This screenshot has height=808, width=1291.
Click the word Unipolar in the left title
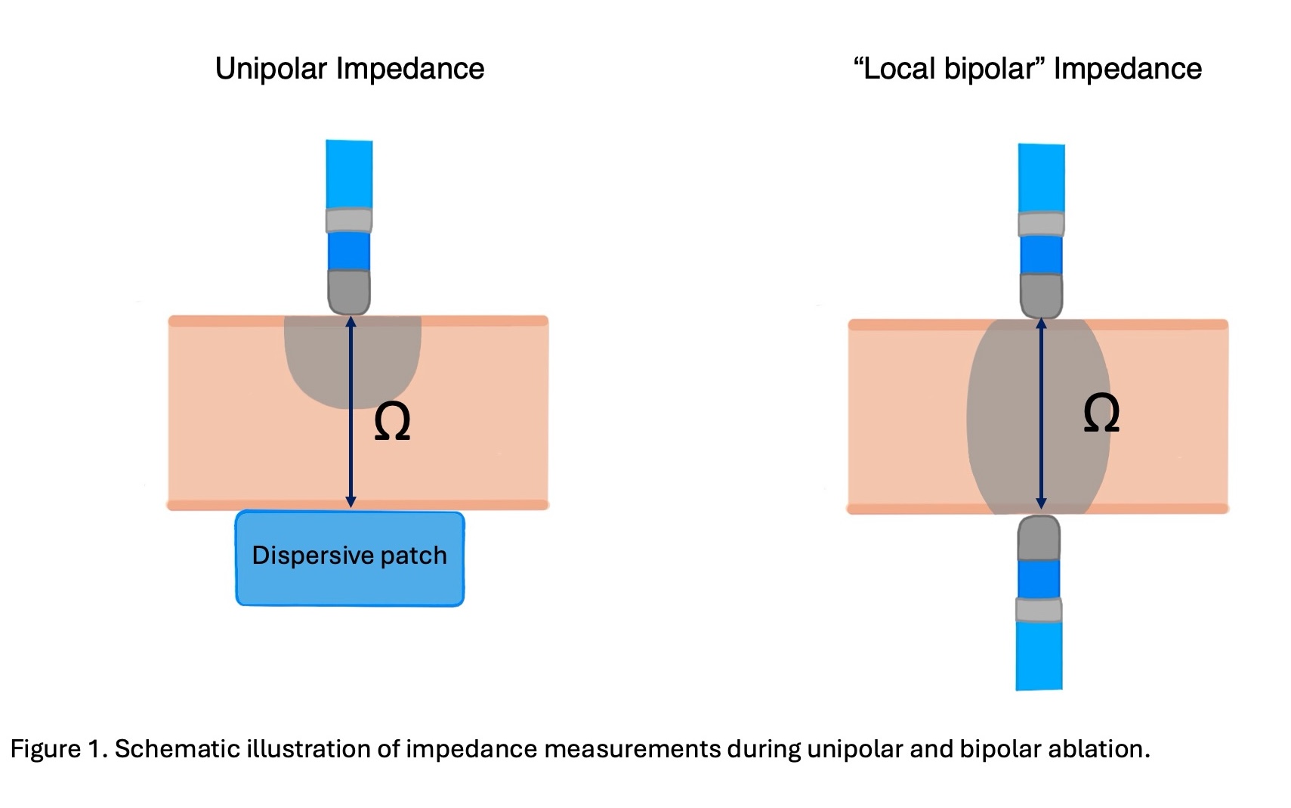pos(271,70)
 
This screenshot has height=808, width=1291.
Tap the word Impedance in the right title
pos(1128,70)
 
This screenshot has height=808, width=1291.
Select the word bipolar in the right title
pos(990,70)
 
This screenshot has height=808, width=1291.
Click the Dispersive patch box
pos(350,559)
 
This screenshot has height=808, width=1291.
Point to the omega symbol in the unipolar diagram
pos(392,421)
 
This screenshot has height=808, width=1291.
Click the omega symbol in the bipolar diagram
pos(1101,413)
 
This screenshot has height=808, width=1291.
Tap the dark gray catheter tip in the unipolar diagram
pos(349,292)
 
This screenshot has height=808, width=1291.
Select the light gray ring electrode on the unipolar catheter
pos(349,220)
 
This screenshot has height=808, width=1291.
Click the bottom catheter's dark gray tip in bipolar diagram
pos(1039,538)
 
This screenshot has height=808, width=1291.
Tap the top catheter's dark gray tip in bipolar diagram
pos(1042,296)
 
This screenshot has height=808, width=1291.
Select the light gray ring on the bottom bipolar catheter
pos(1039,610)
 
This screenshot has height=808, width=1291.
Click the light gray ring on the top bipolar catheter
pos(1042,224)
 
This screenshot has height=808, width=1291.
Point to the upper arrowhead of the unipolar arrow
pos(351,321)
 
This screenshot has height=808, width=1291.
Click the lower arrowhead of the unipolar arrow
pos(351,502)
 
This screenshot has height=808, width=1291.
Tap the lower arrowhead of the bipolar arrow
pos(1041,503)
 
